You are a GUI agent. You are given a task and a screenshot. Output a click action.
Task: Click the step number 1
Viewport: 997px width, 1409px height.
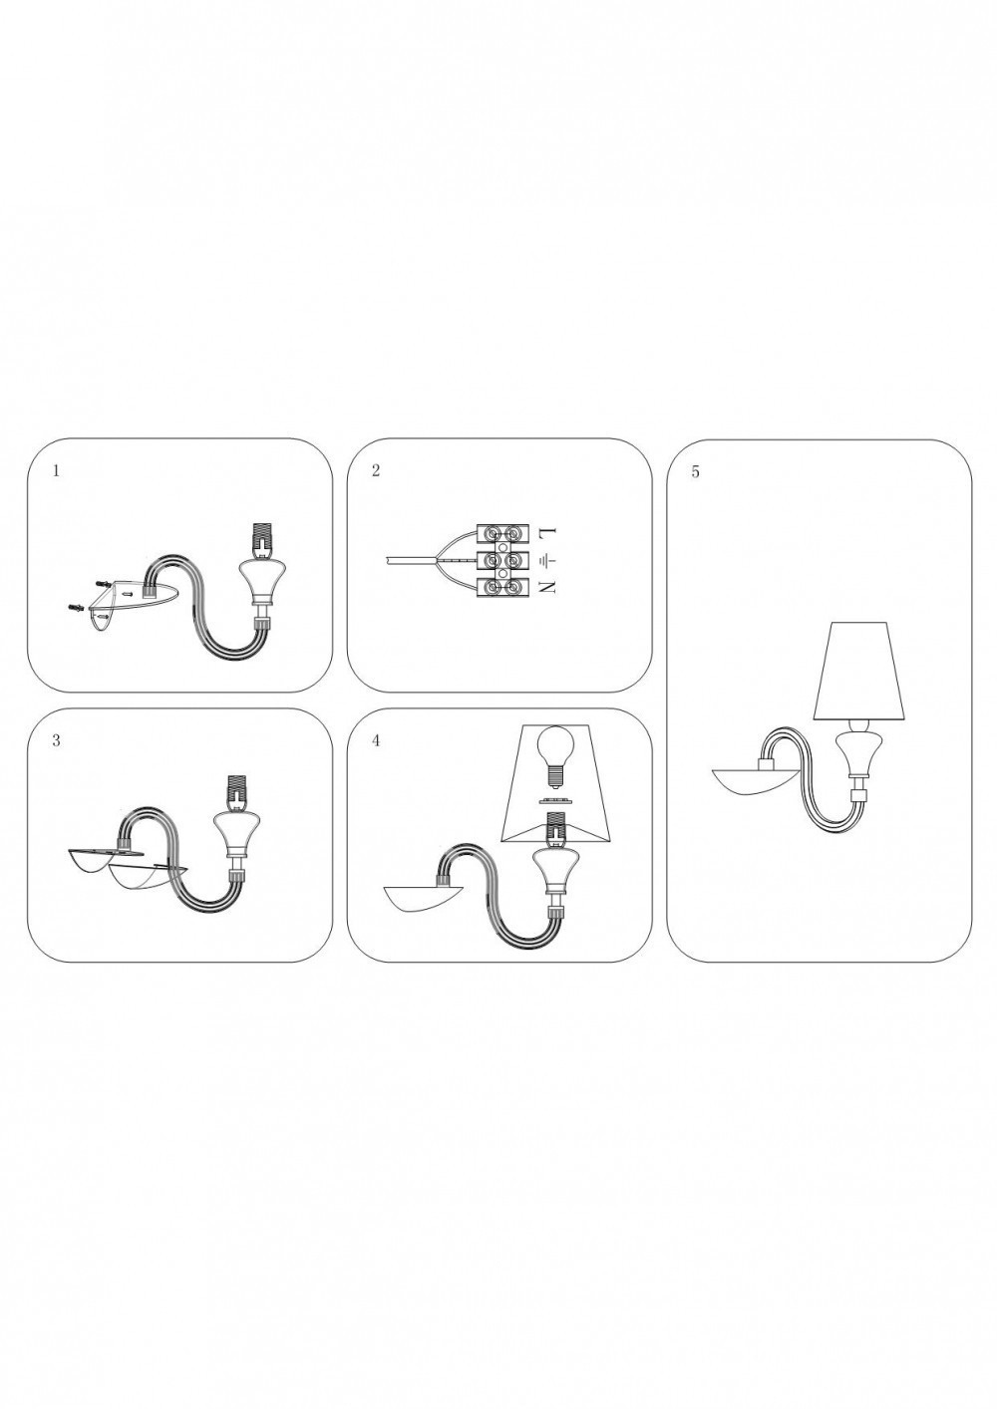56,471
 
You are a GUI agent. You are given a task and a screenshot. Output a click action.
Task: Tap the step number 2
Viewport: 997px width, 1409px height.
376,471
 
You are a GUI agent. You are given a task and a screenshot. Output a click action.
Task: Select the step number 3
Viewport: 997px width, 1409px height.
56,740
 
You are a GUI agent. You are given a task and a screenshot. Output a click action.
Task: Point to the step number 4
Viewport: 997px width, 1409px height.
376,740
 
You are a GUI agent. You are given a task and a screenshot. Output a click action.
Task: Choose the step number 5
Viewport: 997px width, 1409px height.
695,472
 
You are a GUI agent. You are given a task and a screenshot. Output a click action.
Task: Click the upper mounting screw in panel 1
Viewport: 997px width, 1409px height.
102,584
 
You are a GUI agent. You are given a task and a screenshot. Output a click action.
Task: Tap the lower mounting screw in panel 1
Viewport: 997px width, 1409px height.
76,607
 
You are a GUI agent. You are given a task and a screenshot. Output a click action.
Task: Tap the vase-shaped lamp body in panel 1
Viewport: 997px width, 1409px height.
261,580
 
